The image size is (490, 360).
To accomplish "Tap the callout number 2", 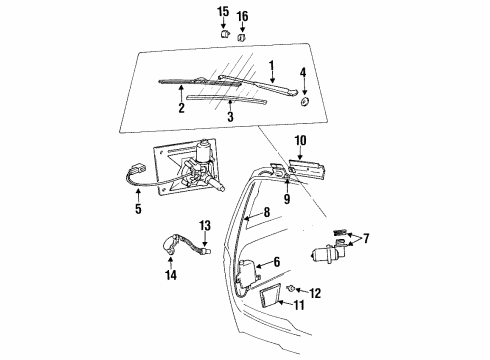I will [x=182, y=107].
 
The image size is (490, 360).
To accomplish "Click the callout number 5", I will [x=138, y=209].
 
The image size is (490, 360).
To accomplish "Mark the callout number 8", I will [x=266, y=212].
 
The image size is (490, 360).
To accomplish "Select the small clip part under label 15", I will [x=224, y=33].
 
